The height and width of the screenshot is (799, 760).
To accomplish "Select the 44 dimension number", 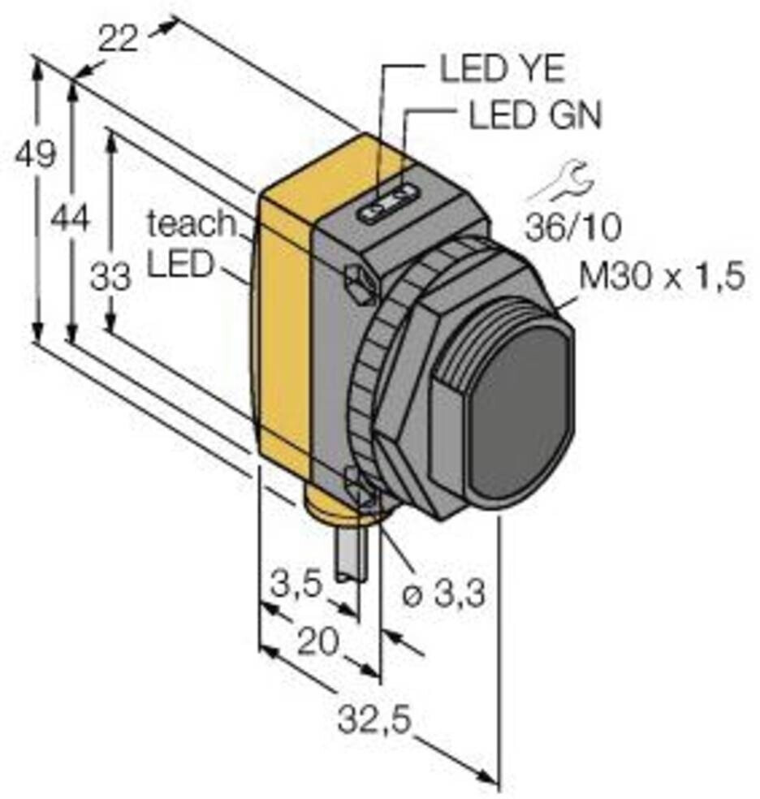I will (x=71, y=218).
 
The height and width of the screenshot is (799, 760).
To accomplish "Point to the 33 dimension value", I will (x=110, y=279).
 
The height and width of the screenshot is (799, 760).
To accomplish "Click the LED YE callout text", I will (x=501, y=70).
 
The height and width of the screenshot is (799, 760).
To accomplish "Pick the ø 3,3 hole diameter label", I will (x=444, y=595).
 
